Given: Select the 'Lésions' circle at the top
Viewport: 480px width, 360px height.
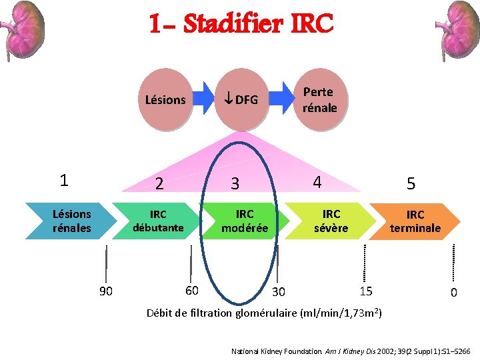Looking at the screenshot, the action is pyautogui.click(x=165, y=100).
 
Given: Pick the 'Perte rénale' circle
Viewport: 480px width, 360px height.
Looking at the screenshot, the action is pyautogui.click(x=319, y=99).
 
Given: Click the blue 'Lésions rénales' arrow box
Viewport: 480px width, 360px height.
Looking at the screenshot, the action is pyautogui.click(x=71, y=221).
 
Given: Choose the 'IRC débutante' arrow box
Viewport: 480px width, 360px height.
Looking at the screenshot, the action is pyautogui.click(x=158, y=221).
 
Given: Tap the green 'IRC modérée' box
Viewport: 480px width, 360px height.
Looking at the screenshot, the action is pyautogui.click(x=245, y=221).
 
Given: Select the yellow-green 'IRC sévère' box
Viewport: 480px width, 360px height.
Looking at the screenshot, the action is pyautogui.click(x=331, y=221).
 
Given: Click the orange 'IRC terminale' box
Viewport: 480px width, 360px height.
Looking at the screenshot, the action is pyautogui.click(x=415, y=221).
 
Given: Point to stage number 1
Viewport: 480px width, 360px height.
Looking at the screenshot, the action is pyautogui.click(x=63, y=180).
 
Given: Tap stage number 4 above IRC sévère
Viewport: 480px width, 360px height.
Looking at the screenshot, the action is pyautogui.click(x=317, y=181).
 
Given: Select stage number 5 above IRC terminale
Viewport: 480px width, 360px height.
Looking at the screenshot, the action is pyautogui.click(x=411, y=183).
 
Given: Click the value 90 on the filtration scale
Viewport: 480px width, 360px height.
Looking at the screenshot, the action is pyautogui.click(x=105, y=291).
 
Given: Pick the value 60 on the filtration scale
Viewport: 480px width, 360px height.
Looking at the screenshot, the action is pyautogui.click(x=191, y=290).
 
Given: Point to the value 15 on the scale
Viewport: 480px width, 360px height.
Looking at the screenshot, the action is pyautogui.click(x=365, y=291).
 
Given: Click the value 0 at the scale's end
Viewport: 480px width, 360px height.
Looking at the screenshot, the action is pyautogui.click(x=453, y=292).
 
